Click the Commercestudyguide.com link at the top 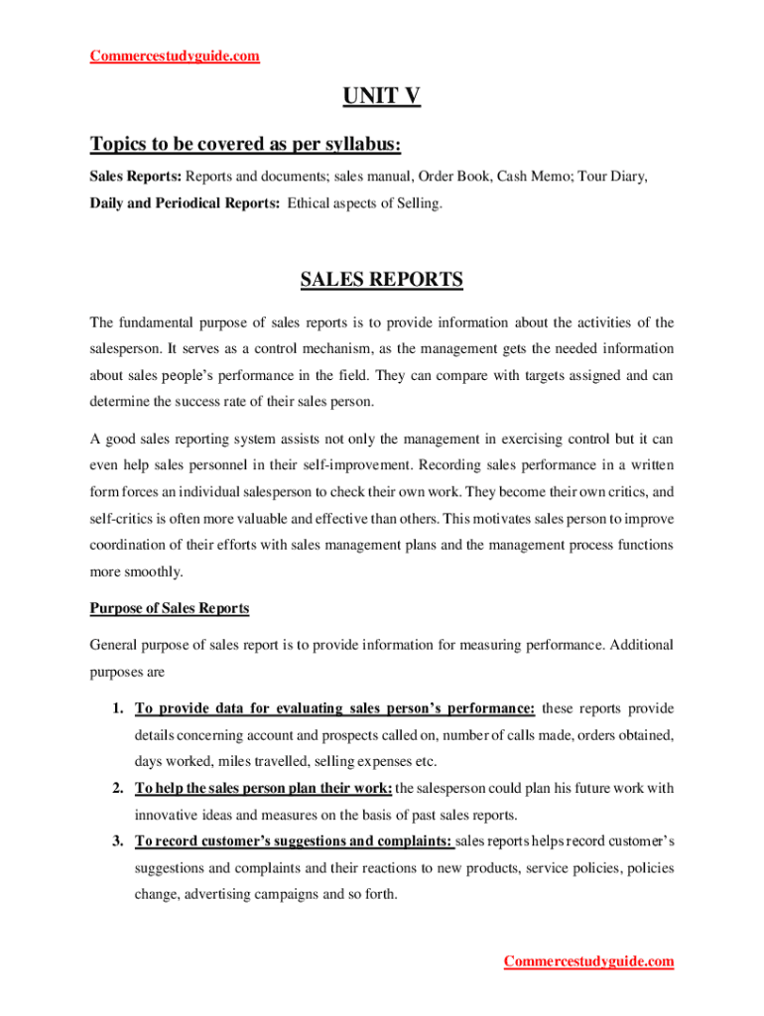175,56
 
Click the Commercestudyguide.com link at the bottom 588,961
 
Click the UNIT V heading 381,96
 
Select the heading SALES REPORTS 381,280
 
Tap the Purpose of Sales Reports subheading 170,608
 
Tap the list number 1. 117,708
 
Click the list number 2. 117,789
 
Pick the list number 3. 117,841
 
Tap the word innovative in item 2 168,816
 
